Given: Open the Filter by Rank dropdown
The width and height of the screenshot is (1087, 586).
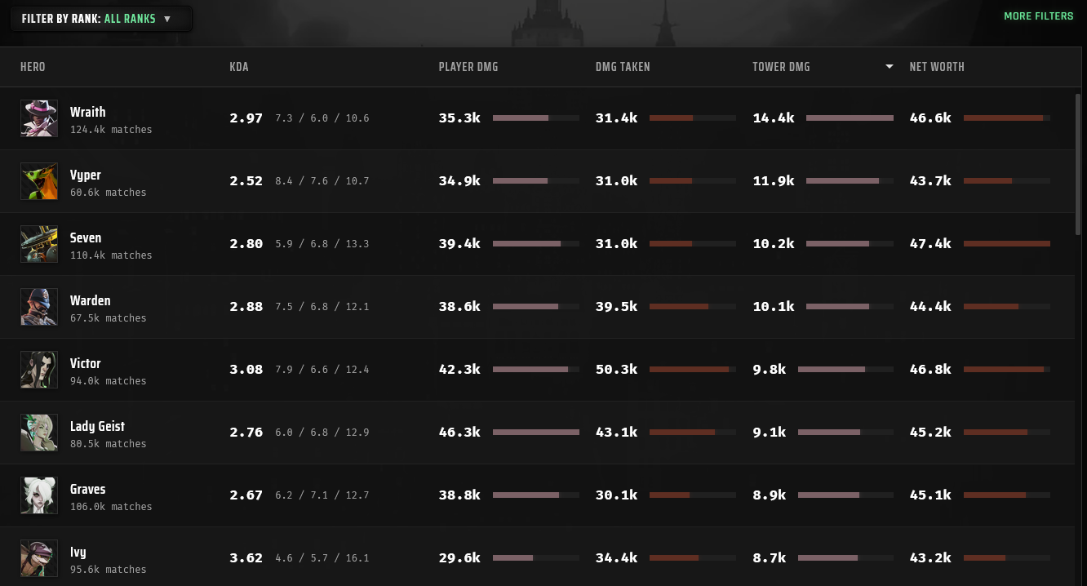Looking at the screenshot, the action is pos(101,19).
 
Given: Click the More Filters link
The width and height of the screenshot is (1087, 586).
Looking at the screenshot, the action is pos(1039,16).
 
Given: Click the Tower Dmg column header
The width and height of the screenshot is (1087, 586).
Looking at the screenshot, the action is pos(781,67).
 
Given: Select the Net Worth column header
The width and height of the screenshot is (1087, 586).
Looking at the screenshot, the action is pos(937,67).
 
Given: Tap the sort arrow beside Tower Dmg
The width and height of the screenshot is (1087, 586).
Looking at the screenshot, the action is pos(889,66).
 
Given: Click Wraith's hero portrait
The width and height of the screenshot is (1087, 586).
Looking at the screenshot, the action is pos(39,118).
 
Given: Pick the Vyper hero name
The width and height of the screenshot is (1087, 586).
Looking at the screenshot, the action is pos(86,175).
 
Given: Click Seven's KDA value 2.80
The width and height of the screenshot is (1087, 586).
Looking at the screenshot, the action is pos(246,244).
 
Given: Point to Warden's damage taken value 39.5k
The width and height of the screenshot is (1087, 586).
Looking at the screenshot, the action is pos(616,306).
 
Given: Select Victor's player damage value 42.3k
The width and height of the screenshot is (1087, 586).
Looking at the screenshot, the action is pos(459,370).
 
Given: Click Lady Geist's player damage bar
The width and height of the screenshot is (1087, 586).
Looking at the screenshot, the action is pos(535,432).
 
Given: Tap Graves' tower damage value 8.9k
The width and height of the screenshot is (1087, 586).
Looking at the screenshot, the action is pos(770,495).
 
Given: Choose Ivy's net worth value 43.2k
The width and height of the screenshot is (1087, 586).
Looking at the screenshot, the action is pos(930,557).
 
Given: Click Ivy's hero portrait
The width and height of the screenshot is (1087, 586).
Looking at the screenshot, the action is pos(39,558).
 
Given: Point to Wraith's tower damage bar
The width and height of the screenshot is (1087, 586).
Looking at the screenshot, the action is pos(850,118).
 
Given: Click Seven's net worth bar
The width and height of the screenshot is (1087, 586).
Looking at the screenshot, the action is pos(1007,244).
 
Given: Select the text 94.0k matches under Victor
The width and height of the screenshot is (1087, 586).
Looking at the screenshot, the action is pos(109,381).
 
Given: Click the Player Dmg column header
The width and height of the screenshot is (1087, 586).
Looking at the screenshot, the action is pos(468,67).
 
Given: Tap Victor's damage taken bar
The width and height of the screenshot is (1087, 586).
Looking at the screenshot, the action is pos(693,370).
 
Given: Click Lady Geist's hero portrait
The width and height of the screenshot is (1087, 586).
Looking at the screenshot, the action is pos(39,433).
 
